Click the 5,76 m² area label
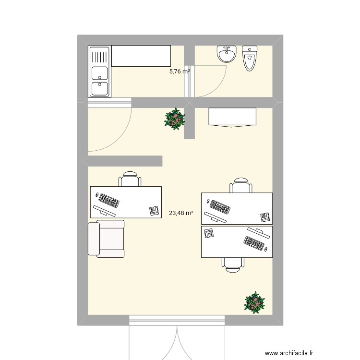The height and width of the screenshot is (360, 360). pos(180,72)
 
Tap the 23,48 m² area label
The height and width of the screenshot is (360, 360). pos(181,213)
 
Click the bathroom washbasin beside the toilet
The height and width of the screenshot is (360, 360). pos(227,54)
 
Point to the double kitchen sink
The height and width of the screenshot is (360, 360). pos(100,72)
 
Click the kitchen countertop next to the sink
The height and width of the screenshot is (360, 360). pos(141,56)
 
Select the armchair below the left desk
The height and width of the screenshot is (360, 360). pos(106,238)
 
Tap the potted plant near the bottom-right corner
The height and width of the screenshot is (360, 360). pos(254,302)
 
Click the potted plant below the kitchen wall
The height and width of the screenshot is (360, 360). pos(175,119)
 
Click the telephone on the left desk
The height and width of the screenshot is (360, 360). pos(154,210)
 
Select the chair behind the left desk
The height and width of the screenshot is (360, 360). pos(130,180)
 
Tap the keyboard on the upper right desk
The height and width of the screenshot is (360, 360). pos(219,207)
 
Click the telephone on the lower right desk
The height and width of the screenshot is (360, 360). pos(209,233)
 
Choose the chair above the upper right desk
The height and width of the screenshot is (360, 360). pos(240,186)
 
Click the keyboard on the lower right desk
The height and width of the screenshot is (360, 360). pos(255,243)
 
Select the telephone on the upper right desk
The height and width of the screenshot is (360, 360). pos(264,217)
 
